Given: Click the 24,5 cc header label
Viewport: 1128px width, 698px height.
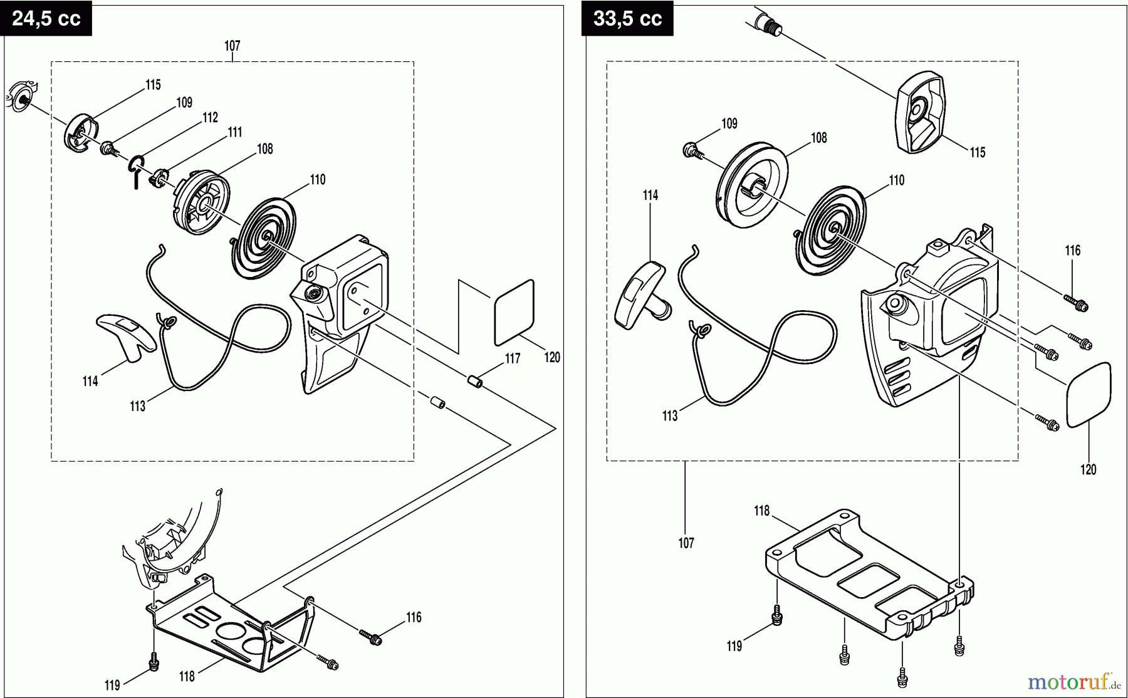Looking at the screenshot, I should click(46, 18).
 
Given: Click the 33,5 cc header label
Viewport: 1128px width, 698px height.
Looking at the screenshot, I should click(627, 18).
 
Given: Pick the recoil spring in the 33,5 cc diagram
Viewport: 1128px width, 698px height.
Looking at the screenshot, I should click(833, 232).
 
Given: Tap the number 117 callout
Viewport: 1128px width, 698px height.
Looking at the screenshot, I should click(513, 358).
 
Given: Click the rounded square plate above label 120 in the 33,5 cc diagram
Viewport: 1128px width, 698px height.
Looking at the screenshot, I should click(1089, 395).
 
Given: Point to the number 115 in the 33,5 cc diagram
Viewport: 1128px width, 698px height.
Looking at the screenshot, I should click(978, 152).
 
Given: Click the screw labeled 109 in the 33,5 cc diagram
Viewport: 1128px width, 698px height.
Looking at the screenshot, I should click(690, 150).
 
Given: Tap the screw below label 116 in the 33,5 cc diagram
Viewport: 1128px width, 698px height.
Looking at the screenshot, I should click(1078, 305).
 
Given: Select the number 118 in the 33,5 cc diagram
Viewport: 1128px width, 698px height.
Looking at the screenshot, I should click(761, 511).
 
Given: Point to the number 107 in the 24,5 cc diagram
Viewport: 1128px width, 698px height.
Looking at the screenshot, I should click(232, 46).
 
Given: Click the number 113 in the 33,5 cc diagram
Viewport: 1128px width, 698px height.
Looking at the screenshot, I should click(670, 416).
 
